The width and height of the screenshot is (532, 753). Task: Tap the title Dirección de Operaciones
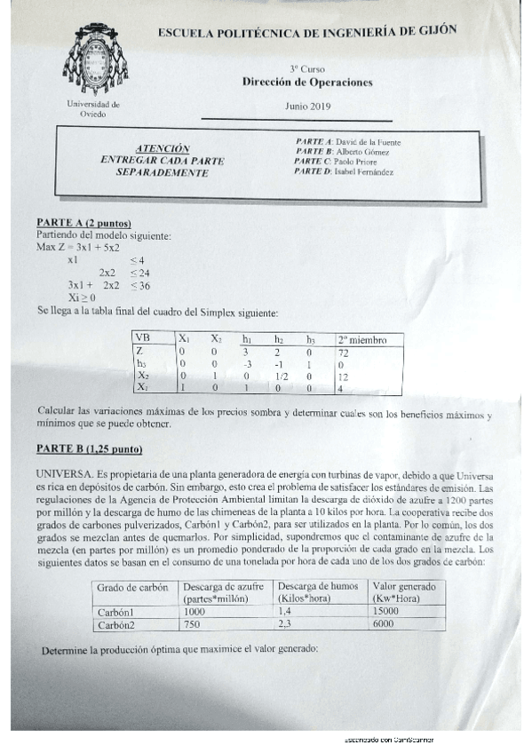pos(307,83)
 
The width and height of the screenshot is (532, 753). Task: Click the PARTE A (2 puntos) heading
pos(83,222)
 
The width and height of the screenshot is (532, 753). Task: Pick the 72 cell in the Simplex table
pos(345,353)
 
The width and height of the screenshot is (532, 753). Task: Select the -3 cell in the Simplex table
pos(248,364)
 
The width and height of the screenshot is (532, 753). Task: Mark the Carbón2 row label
pos(117,624)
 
